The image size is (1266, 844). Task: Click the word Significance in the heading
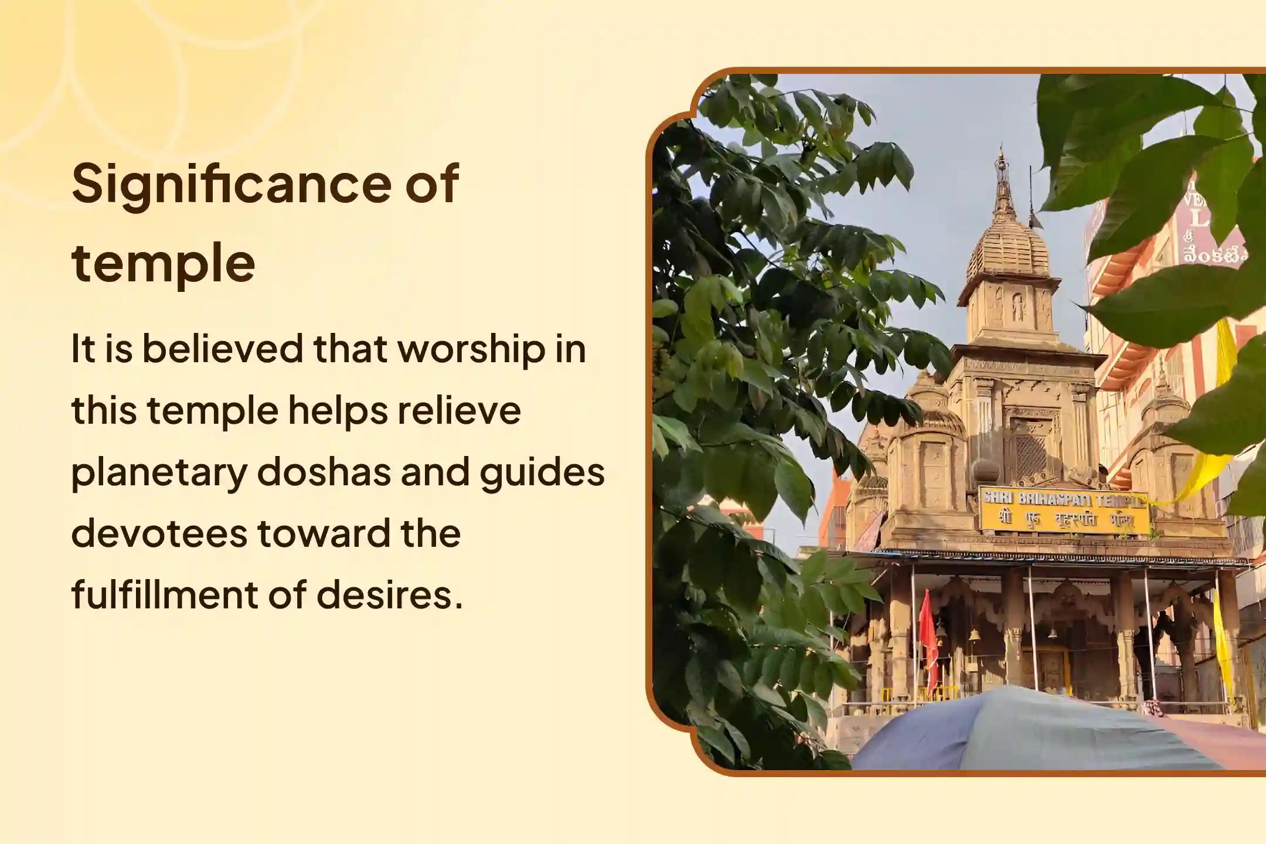(232, 185)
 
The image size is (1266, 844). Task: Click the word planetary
(158, 474)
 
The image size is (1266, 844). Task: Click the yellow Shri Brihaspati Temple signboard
(1064, 510)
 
